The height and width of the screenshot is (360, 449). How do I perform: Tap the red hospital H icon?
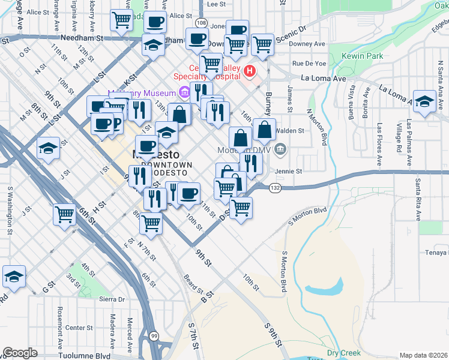coord(250,72)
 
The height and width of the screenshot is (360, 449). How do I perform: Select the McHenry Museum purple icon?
coord(184,93)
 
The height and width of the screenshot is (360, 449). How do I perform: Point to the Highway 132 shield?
coord(275,188)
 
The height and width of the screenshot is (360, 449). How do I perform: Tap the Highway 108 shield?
coord(202,23)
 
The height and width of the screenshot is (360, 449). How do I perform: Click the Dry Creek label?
coord(344,353)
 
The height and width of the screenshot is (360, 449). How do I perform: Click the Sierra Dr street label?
coord(112,299)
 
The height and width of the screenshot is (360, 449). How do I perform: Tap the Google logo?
coord(20,352)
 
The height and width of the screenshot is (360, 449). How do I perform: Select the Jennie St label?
coord(288,171)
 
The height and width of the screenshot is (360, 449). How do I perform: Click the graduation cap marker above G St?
coord(13,277)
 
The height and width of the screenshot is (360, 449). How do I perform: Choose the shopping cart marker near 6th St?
coord(64,214)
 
